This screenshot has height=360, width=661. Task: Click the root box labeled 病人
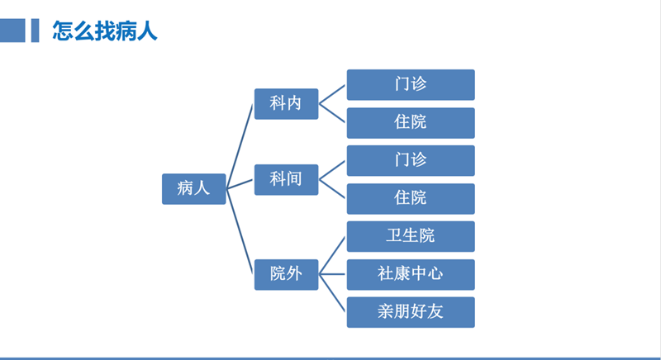193,188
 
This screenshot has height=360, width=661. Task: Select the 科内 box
286,103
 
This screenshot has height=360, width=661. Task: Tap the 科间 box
286,178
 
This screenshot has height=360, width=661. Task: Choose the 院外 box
286,274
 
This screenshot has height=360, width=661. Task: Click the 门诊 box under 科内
411,84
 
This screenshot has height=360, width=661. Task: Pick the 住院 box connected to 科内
411,122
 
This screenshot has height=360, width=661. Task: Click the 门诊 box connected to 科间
411,160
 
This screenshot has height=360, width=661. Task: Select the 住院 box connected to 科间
411,198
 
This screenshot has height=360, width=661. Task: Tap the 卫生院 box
411,236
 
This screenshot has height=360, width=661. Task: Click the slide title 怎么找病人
104,31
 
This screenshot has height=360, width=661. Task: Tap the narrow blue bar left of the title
35,31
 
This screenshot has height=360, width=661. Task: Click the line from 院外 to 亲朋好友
333,293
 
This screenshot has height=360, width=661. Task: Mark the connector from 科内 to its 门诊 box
333,94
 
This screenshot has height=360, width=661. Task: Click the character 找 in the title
104,31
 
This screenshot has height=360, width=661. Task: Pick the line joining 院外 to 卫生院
333,255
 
